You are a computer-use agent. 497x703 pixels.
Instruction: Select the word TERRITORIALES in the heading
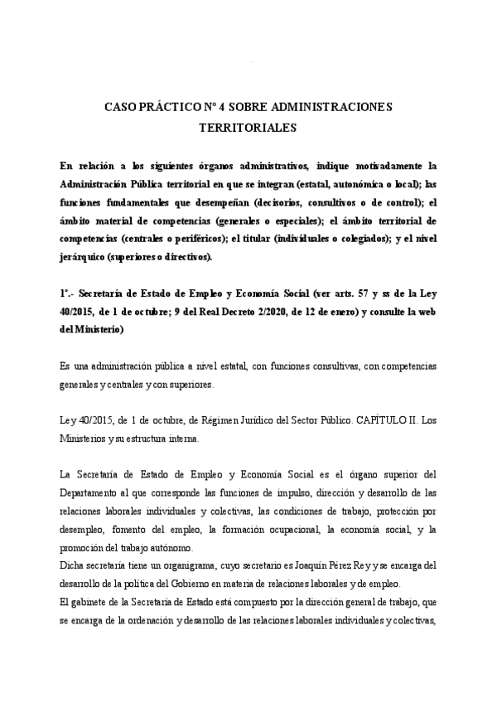click(248, 128)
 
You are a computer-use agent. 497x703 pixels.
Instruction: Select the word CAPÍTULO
click(359, 420)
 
